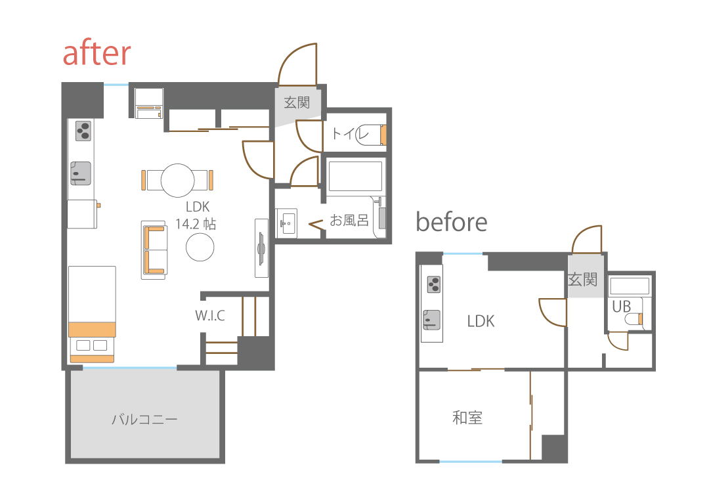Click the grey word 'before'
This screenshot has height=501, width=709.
coord(451,222)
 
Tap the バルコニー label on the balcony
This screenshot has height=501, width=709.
coord(144,419)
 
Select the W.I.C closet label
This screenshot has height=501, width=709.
coord(210,315)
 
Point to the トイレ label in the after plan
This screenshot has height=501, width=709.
coord(350,133)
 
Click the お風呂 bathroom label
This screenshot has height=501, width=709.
coord(349,220)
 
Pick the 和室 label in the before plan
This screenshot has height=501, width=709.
coord(467,418)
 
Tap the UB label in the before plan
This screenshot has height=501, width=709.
coord(621,307)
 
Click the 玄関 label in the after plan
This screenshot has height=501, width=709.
coord(297,102)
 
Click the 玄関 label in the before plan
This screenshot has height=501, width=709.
coord(582,280)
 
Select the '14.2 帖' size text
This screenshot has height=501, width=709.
coord(196,224)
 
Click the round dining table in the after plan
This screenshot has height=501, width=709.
coord(178,180)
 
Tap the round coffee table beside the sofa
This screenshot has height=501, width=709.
coord(200,247)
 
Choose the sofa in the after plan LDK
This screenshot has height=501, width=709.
coord(154,250)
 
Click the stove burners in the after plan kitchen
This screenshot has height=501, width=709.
coord(83,131)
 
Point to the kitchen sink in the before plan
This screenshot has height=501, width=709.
coord(431,320)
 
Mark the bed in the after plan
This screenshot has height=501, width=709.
coord(92,315)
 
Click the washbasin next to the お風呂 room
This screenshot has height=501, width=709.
coord(286,223)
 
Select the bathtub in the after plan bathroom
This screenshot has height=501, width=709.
coord(355,176)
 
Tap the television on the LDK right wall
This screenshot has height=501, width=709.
coord(261,248)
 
